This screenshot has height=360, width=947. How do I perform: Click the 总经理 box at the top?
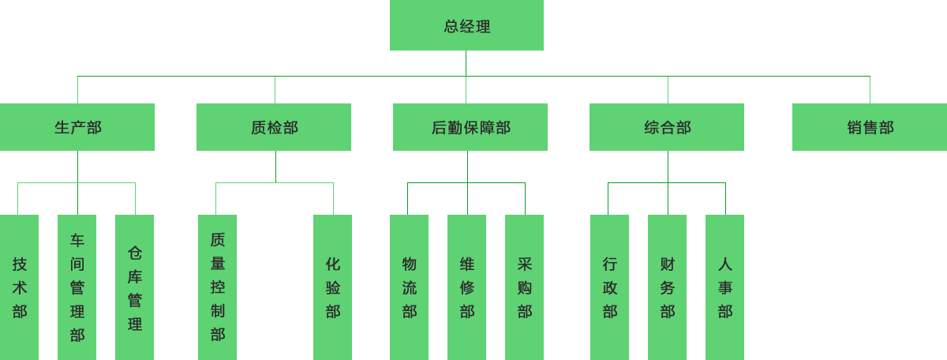466,25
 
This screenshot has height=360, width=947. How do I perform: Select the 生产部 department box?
77,127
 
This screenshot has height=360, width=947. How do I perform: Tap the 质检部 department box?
274,127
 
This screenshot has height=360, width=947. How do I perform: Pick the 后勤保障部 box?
470,127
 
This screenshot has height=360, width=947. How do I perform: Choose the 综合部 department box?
667,127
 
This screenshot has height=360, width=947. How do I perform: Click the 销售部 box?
870,127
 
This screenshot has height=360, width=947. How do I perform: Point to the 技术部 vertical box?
19,287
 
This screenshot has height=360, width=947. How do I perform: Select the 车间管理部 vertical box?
77,287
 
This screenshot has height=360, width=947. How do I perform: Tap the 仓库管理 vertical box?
134,287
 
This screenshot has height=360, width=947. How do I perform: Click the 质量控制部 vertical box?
217,287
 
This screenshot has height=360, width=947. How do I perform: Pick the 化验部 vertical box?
332,287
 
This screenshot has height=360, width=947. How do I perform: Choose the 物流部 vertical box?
409,287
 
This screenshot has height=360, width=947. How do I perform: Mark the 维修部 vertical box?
466,287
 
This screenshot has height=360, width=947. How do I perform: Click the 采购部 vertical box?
524,287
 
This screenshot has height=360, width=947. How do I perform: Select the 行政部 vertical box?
609,287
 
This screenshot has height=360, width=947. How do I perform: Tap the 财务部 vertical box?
667,287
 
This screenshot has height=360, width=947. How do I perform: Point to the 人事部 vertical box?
724,287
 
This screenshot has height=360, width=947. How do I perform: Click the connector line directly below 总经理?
466,63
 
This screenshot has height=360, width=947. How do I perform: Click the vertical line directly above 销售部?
870,90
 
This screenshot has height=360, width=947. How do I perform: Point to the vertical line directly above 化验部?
333,199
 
